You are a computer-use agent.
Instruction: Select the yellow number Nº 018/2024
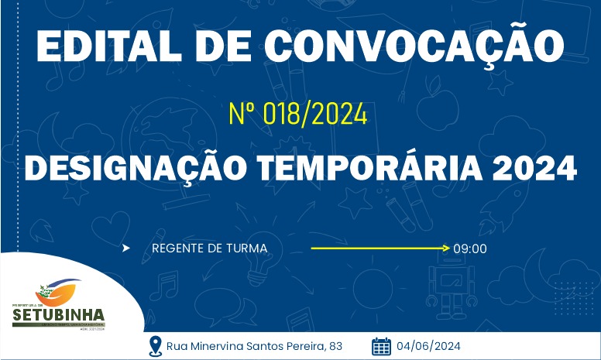pyautogui.click(x=297, y=115)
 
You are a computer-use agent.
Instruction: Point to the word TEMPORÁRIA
pyautogui.click(x=386, y=168)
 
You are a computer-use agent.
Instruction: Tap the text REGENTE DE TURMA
pyautogui.click(x=210, y=249)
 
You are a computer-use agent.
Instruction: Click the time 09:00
pyautogui.click(x=470, y=249)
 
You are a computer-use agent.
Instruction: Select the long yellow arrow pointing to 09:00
pyautogui.click(x=379, y=249)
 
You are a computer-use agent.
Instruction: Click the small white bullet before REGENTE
pyautogui.click(x=126, y=249)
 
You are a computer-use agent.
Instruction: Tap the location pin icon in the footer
pyautogui.click(x=155, y=345)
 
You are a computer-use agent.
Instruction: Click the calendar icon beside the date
pyautogui.click(x=381, y=345)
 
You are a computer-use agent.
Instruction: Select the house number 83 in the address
pyautogui.click(x=335, y=346)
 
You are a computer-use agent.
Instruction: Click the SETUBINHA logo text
pyautogui.click(x=58, y=316)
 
